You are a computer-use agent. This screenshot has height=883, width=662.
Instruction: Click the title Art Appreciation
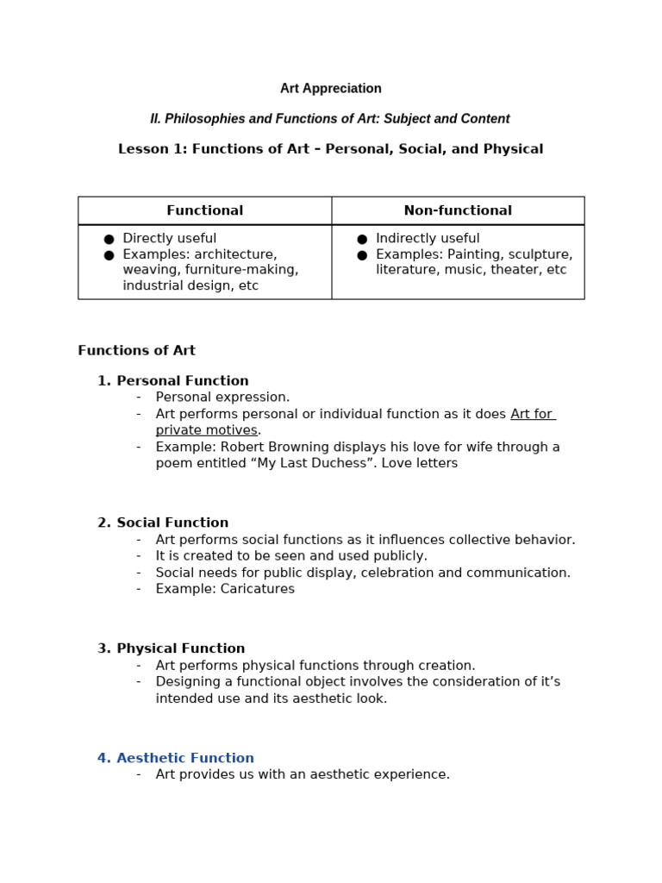(330, 89)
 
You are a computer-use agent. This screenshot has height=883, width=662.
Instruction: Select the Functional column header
(204, 210)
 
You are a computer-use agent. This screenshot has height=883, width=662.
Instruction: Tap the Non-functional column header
(458, 210)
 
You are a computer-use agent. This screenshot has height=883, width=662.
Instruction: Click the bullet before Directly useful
(109, 239)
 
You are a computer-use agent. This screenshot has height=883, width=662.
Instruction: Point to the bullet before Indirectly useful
(362, 239)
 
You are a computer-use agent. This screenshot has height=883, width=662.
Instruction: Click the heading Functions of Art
(136, 351)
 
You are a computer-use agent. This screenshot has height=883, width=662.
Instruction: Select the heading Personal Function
(182, 381)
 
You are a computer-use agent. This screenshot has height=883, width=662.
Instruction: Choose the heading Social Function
(172, 523)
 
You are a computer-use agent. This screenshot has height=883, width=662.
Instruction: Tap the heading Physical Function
(180, 648)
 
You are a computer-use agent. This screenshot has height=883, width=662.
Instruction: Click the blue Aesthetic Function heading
(184, 759)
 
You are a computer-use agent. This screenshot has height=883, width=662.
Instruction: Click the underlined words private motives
(206, 430)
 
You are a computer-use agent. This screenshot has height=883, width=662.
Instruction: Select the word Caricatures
(256, 589)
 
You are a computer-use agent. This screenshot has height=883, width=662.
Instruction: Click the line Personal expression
(222, 398)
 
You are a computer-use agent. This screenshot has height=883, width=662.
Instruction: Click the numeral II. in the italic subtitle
(155, 119)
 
